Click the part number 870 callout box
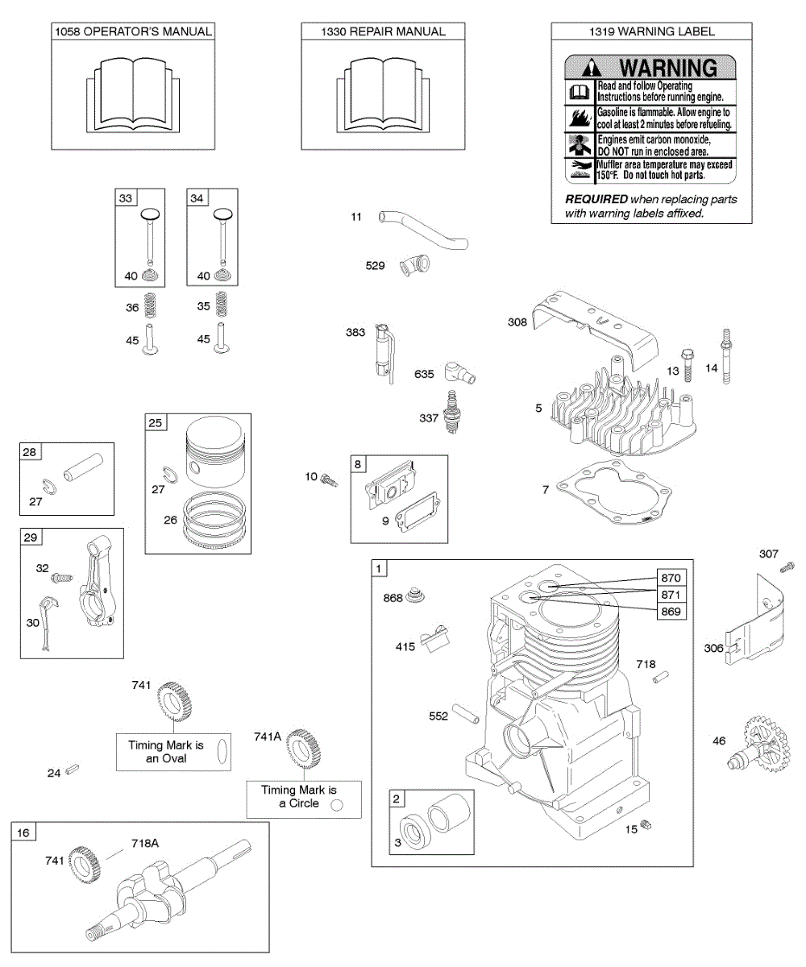click(x=671, y=578)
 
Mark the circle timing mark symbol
click(x=338, y=804)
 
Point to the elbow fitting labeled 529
click(x=418, y=266)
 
